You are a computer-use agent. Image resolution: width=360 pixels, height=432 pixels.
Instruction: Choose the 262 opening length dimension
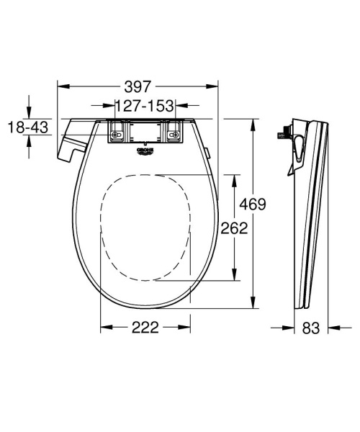pyautogui.click(x=234, y=228)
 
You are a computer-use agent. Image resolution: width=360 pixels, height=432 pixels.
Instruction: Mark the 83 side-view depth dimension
pyautogui.click(x=310, y=328)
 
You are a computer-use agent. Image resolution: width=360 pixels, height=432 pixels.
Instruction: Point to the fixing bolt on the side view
pyautogui.click(x=281, y=133)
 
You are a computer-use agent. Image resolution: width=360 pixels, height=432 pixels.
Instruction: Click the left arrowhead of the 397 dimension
pyautogui.click(x=60, y=86)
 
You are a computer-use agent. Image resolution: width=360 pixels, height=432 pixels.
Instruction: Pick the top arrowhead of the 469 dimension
pyautogui.click(x=252, y=122)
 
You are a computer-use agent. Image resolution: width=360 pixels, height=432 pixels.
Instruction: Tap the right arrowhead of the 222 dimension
pyautogui.click(x=189, y=328)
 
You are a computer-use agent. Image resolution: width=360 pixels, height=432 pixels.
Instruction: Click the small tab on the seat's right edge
pyautogui.click(x=207, y=153)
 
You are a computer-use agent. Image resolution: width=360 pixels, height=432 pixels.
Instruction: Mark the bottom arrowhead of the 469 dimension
pyautogui.click(x=252, y=305)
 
